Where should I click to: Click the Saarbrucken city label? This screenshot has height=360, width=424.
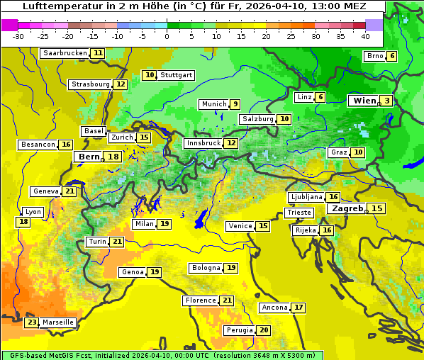point(65,53)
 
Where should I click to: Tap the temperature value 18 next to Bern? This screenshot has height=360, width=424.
point(113,157)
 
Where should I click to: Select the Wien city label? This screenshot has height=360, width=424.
point(364,101)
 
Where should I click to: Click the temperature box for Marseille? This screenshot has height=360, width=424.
point(31,322)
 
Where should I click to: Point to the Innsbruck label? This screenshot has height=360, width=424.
point(203,143)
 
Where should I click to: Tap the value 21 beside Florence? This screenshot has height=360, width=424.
point(227,300)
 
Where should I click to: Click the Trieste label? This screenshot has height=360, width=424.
point(299,213)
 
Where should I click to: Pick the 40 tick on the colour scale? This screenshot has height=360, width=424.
point(365,36)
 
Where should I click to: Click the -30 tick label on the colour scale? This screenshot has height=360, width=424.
point(18,36)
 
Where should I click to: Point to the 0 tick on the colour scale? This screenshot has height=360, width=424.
point(167,36)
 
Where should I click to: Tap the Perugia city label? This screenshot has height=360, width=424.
point(239,330)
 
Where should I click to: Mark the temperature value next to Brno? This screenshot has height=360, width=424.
point(392,56)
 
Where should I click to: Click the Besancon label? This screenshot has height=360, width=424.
point(38,145)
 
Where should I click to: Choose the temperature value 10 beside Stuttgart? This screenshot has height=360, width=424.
point(149,75)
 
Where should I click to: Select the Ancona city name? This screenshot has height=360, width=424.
point(274,308)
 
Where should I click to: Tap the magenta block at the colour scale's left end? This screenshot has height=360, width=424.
point(9,24)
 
